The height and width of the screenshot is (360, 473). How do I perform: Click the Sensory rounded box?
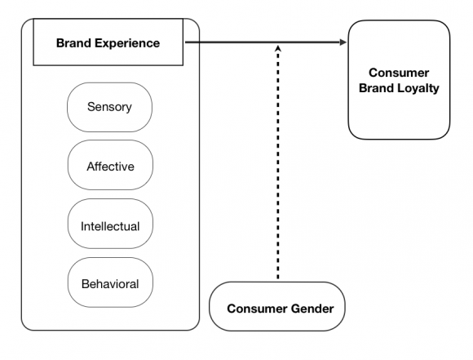pyautogui.click(x=109, y=107)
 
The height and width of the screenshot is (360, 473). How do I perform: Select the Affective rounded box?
pyautogui.click(x=110, y=166)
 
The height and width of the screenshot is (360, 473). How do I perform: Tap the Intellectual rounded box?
pyautogui.click(x=110, y=225)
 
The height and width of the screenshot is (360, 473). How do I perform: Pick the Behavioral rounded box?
pyautogui.click(x=110, y=284)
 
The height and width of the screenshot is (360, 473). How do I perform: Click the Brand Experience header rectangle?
pyautogui.click(x=108, y=43)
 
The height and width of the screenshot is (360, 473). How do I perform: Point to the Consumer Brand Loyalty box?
pyautogui.click(x=399, y=79)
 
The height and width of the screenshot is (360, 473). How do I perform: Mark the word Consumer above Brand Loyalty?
pyautogui.click(x=400, y=73)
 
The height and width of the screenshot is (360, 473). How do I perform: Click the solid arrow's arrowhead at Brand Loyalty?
pyautogui.click(x=342, y=42)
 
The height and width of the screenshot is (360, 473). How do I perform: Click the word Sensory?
pyautogui.click(x=109, y=107)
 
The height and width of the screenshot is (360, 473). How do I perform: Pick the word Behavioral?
pyautogui.click(x=110, y=284)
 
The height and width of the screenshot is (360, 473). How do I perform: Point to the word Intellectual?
pyautogui.click(x=110, y=225)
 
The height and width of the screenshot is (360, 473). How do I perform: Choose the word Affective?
pyautogui.click(x=110, y=167)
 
